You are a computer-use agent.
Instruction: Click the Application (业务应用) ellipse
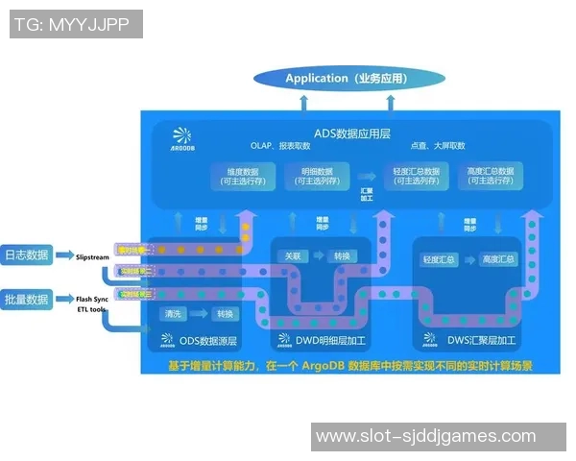point(348,79)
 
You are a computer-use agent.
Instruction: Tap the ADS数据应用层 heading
point(352,132)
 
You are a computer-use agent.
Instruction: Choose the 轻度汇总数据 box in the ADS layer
point(416,176)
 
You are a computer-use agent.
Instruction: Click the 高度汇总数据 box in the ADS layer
point(490,176)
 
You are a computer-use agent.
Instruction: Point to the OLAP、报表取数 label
point(280,146)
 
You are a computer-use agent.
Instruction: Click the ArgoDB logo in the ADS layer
point(181,140)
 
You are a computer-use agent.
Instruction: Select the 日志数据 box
point(26,255)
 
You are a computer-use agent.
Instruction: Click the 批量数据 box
point(26,300)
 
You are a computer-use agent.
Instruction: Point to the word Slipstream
point(93,256)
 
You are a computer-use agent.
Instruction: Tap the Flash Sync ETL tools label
point(92,304)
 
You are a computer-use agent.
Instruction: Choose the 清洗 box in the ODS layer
point(174,314)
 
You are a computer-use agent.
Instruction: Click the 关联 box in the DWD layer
point(293,256)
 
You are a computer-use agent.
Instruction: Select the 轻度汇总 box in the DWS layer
point(439,259)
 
